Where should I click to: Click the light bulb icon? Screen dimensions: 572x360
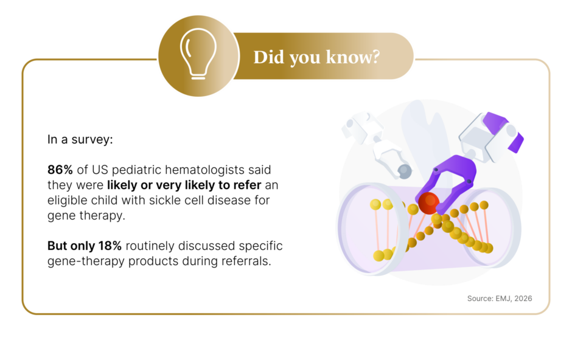coord(198,54)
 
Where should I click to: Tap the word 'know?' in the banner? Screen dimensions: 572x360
coord(353,57)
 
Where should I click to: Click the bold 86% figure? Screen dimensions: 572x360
coord(60,170)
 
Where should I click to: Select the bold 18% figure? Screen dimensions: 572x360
coord(110,246)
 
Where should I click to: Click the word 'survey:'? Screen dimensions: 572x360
coord(92,140)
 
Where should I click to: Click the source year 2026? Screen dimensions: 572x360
coord(523,299)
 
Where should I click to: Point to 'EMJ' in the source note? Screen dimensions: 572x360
coord(503,299)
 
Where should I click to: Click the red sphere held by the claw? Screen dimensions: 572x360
coord(428,203)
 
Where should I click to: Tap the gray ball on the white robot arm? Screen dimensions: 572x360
coord(405,171)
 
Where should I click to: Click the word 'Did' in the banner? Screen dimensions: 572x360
coord(268,57)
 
